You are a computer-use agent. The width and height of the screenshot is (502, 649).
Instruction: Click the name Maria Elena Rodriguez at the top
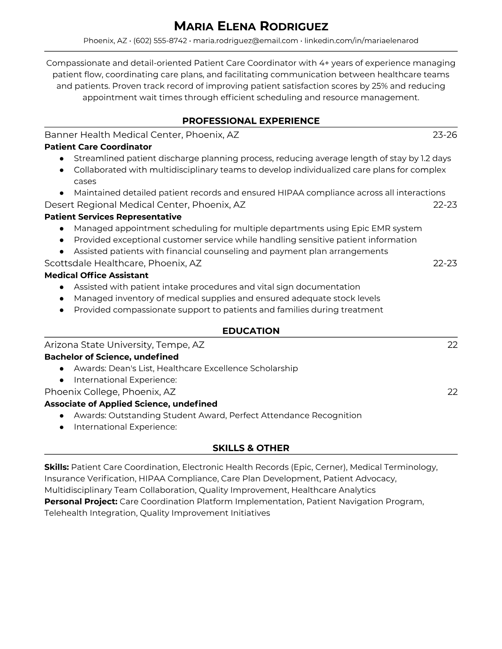[251, 27]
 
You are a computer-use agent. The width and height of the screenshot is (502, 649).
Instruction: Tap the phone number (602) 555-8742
[160, 41]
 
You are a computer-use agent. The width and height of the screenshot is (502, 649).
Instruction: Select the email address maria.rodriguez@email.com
[245, 41]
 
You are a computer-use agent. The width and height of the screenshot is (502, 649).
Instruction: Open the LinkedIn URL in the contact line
[361, 41]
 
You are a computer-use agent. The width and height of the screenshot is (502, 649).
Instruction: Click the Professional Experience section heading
[251, 121]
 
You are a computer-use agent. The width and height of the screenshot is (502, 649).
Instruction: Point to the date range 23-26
[445, 135]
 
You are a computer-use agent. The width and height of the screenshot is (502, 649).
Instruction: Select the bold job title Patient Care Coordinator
[98, 147]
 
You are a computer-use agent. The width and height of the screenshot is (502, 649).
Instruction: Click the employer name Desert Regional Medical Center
[116, 205]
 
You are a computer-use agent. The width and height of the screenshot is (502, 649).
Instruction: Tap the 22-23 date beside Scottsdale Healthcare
[445, 263]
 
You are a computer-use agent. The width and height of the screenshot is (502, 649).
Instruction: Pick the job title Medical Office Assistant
[96, 275]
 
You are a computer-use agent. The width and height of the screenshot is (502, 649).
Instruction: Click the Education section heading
[251, 331]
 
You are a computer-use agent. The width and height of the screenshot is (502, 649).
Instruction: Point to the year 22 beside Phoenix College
[452, 392]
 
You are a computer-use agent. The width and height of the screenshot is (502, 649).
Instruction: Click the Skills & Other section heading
[251, 448]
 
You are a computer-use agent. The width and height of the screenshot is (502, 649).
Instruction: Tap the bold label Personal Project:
[81, 501]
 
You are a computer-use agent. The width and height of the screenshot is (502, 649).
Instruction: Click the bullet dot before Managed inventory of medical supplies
[62, 298]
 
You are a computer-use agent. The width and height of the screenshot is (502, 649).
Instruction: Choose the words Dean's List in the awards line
[130, 368]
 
